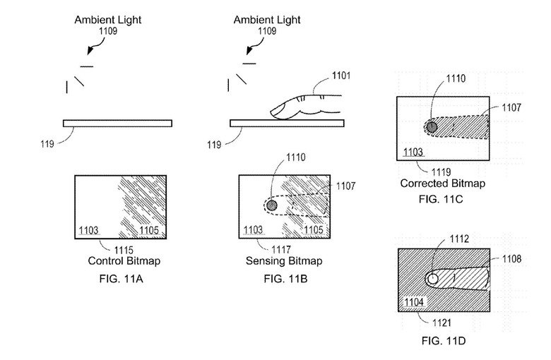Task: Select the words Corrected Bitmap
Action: coord(443,183)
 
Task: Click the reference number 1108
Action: coord(514,259)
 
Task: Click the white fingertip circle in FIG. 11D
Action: coord(433,280)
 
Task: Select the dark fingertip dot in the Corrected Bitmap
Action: coord(432,127)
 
